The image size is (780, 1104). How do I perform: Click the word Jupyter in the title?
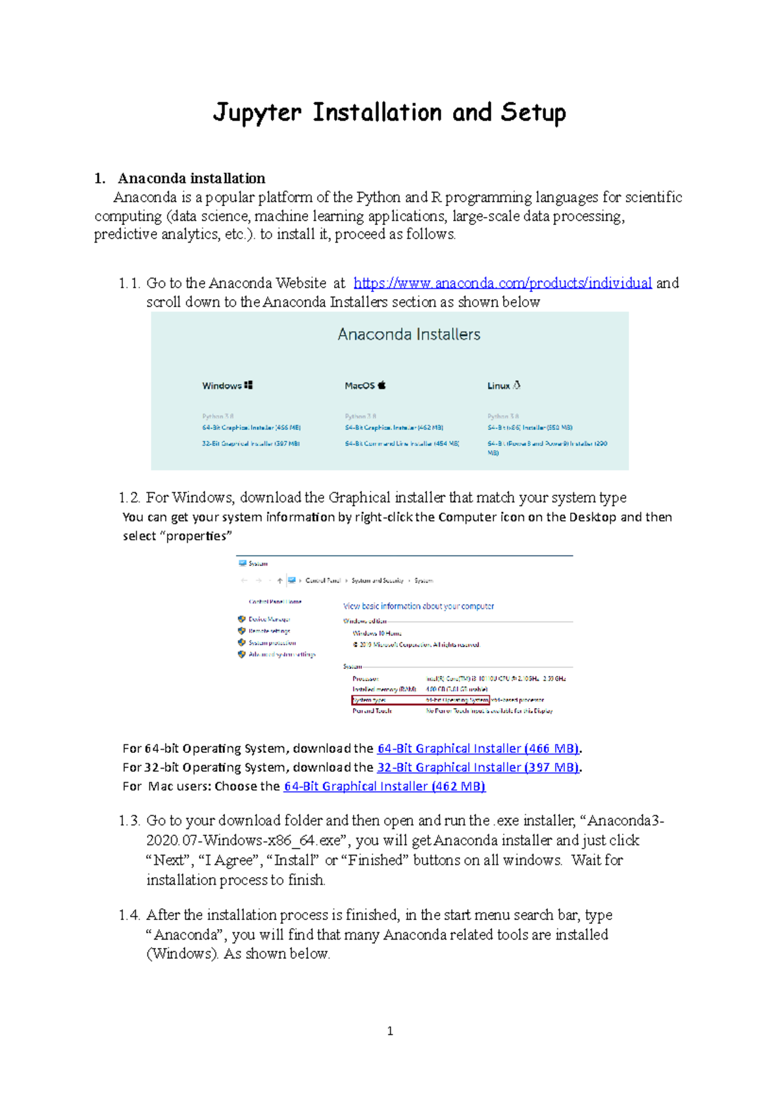coord(257,112)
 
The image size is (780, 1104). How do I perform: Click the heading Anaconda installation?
coord(191,178)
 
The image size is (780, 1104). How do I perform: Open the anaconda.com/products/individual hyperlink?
coord(502,283)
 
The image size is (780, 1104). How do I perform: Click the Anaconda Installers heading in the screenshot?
coord(409,334)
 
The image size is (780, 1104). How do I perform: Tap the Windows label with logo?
coord(227,386)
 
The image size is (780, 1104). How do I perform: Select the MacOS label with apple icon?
coord(365,386)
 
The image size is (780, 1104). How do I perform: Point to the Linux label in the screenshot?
coord(504,386)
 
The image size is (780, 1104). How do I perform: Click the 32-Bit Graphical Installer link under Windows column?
coord(251,443)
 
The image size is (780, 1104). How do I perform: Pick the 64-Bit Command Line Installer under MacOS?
coord(402,443)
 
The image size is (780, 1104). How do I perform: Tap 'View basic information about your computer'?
coord(419,606)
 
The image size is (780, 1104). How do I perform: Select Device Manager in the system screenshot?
coord(268,620)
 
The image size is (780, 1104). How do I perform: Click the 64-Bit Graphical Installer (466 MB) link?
coord(478,748)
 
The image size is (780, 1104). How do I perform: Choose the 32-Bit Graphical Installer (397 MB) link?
coord(478,767)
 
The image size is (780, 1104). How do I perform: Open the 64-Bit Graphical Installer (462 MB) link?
coord(384,786)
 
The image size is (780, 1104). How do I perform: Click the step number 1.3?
coord(129,821)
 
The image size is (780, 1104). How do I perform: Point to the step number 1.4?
coord(129,915)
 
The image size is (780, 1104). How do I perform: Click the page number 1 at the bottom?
coord(390,1031)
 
